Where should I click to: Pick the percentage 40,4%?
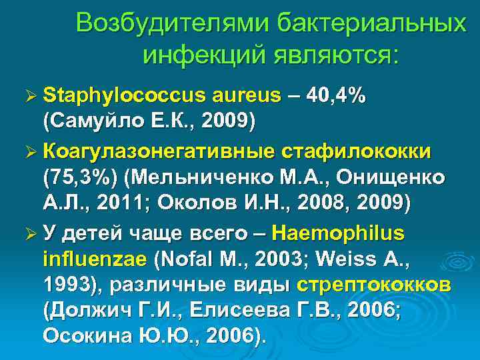click(x=336, y=95)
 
